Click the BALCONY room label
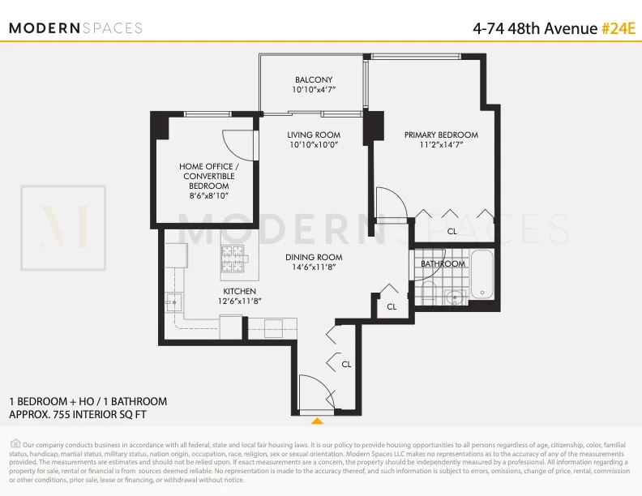[313, 79]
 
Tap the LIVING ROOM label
[314, 135]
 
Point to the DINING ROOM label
[314, 258]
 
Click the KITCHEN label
[239, 291]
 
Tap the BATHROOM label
[443, 264]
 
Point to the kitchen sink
[172, 303]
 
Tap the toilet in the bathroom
[429, 293]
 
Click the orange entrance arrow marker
[317, 421]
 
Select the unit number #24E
[618, 28]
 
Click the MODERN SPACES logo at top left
[75, 28]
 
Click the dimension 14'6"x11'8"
[314, 268]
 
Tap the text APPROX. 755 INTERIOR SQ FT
[78, 414]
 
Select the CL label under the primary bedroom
[452, 231]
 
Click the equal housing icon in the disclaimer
[15, 443]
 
